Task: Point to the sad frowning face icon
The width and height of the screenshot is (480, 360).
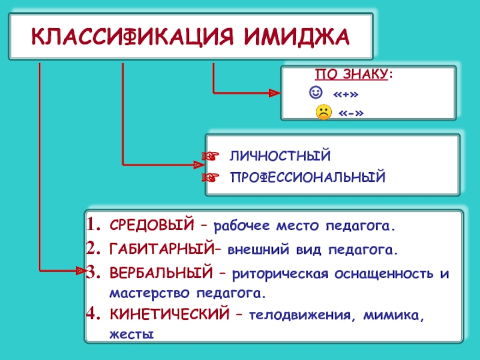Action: (x=323, y=112)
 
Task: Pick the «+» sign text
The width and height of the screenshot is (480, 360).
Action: (x=346, y=94)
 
